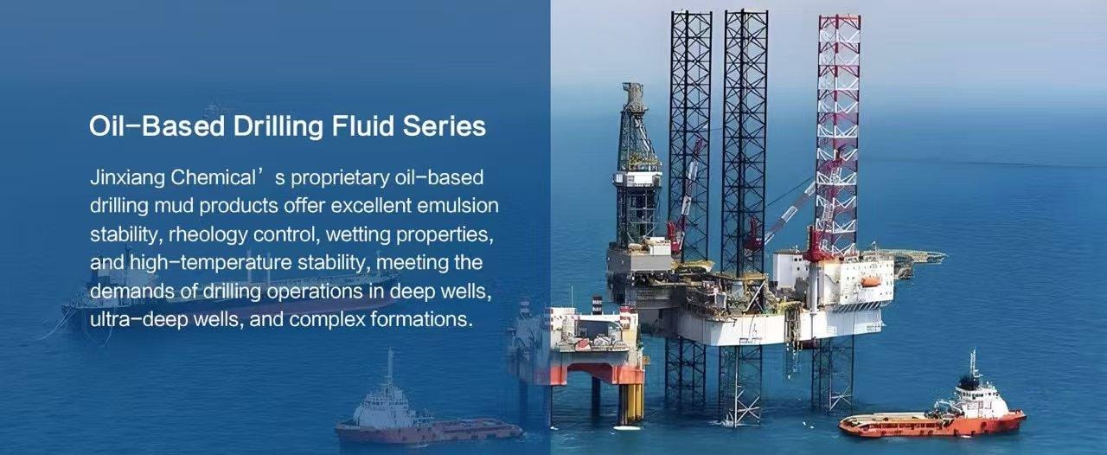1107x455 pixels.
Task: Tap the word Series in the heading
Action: click(x=445, y=125)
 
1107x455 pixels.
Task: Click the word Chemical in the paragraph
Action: click(x=213, y=177)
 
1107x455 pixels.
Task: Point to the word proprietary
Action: click(x=340, y=178)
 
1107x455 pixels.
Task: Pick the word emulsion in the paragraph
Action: click(x=458, y=205)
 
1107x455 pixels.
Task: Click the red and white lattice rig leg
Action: click(x=837, y=133)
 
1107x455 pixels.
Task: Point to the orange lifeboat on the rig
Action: click(x=871, y=281)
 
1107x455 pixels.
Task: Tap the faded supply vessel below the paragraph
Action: click(x=425, y=411)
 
